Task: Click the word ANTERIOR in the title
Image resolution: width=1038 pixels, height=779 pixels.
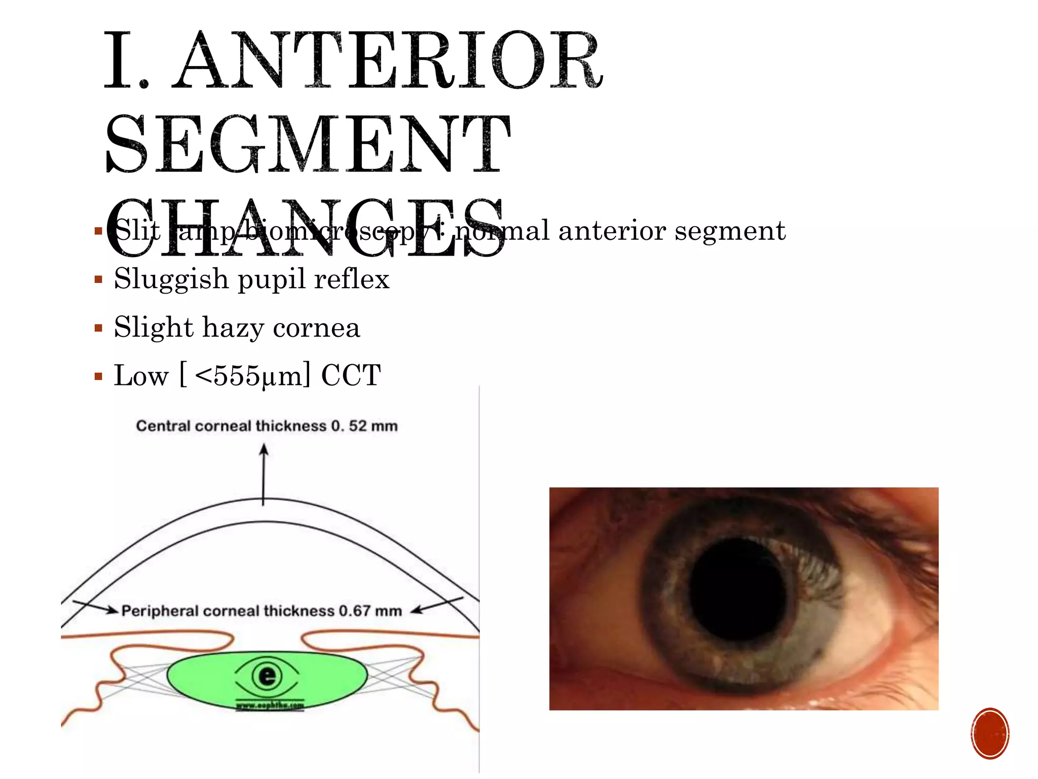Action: pos(388,61)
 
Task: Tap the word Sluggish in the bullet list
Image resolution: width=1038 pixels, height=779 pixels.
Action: pos(171,279)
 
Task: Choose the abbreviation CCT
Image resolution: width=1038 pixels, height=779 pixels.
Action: pos(351,376)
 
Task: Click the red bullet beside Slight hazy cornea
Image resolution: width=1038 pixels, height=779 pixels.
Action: pos(98,328)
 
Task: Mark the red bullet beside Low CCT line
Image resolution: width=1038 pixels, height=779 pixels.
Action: pos(98,376)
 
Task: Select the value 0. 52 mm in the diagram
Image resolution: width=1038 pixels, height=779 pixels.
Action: pos(364,426)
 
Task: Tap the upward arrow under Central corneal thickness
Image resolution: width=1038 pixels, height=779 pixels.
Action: pos(264,474)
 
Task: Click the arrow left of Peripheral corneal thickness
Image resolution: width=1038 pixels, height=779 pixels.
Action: pos(95,606)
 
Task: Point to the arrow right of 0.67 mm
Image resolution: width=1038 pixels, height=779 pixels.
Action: pos(437,605)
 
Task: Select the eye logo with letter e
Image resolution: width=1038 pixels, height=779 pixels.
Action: pos(267,676)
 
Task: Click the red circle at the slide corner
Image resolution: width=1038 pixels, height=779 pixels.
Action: pos(990,733)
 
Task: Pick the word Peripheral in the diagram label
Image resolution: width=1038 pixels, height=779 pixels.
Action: pos(160,611)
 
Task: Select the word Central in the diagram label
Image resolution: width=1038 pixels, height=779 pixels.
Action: pos(163,426)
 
